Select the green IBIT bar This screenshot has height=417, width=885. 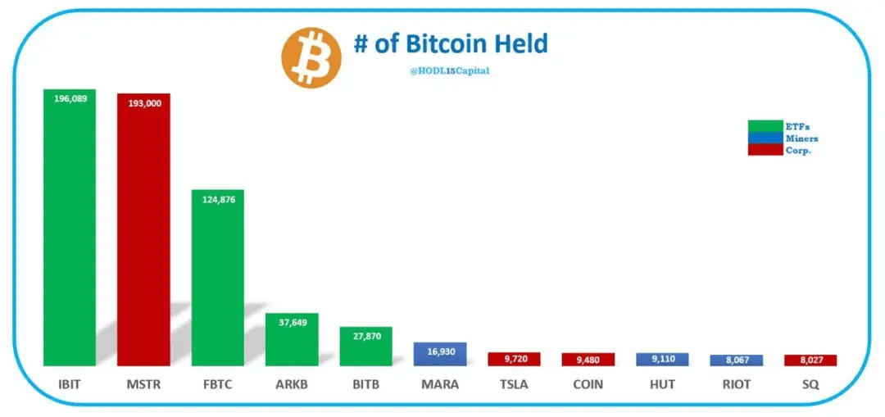pyautogui.click(x=70, y=229)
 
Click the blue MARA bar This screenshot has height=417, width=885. pyautogui.click(x=440, y=353)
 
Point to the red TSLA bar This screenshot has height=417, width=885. pyautogui.click(x=514, y=359)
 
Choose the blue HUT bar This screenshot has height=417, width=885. pyautogui.click(x=662, y=359)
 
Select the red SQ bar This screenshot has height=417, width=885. pyautogui.click(x=810, y=360)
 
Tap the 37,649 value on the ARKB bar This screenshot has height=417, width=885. pyautogui.click(x=292, y=322)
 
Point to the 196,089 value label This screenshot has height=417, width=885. pyautogui.click(x=70, y=98)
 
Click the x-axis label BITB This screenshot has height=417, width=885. pyautogui.click(x=365, y=383)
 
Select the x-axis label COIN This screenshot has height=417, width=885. pyautogui.click(x=588, y=383)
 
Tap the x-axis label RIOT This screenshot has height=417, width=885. pyautogui.click(x=736, y=383)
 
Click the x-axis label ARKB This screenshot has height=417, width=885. pyautogui.click(x=292, y=383)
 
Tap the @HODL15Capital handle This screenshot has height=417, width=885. pyautogui.click(x=449, y=71)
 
